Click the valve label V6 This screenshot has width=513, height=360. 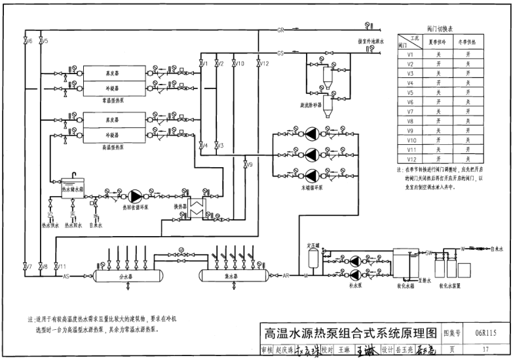point(29,41)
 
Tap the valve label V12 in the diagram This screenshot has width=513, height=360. point(264,64)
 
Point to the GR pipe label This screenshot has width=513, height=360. point(280,30)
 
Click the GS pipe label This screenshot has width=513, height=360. point(280,53)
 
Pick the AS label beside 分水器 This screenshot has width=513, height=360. point(66,276)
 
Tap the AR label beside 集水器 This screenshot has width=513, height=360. point(286,276)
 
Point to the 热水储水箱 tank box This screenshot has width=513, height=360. point(72,186)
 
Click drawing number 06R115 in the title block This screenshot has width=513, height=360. point(485,333)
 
